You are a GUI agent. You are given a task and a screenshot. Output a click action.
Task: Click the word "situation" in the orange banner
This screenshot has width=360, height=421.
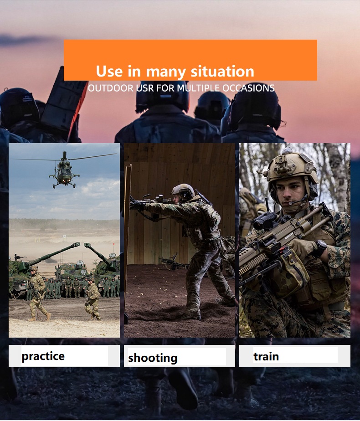click(222, 72)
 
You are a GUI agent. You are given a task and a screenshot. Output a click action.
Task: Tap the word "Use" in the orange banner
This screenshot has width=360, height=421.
click(109, 72)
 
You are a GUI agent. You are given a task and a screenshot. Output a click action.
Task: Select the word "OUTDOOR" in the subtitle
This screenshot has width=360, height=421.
click(111, 88)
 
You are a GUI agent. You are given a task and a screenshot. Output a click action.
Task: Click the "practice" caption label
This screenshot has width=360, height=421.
click(43, 356)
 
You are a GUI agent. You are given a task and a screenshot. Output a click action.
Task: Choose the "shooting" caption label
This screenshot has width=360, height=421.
click(153, 358)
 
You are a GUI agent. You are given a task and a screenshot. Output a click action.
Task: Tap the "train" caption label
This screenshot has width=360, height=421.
click(266, 357)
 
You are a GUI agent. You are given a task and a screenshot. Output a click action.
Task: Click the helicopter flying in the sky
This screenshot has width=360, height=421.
click(64, 169)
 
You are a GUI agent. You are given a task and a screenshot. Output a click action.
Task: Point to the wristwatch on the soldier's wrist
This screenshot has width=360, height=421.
click(321, 247)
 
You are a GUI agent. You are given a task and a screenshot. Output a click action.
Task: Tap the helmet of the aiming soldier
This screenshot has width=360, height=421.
click(183, 190)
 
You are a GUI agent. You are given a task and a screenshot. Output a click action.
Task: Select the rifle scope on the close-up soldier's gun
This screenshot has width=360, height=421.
click(265, 220)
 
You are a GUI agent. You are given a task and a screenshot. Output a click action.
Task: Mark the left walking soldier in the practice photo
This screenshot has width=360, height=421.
click(38, 293)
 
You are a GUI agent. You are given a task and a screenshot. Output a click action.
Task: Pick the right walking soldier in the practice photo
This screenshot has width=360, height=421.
click(93, 299)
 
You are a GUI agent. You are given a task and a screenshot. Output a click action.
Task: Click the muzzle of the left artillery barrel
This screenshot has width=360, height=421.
click(76, 245)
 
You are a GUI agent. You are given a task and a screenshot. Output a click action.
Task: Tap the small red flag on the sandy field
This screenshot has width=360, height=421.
click(114, 244)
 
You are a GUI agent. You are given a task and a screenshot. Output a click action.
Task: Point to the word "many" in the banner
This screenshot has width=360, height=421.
click(165, 72)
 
